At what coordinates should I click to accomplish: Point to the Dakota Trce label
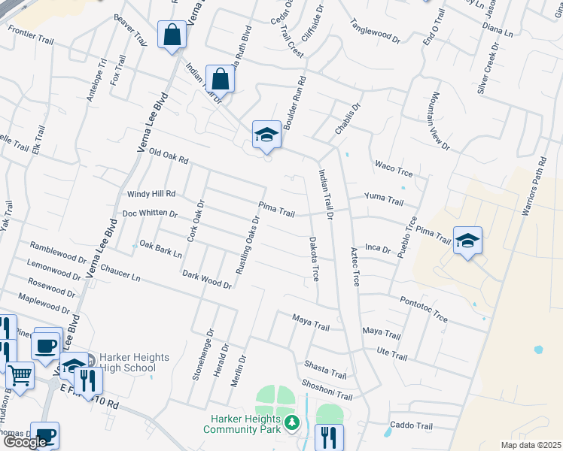[x=315, y=259]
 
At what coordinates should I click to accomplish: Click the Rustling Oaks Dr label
[x=247, y=245]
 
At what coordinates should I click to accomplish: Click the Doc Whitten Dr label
[x=149, y=214]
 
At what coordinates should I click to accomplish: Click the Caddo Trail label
[x=408, y=425]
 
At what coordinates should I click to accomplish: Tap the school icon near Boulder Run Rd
[x=266, y=135]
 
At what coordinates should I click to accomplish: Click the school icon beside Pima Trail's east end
[x=467, y=241]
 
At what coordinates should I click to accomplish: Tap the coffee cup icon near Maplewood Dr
[x=47, y=346]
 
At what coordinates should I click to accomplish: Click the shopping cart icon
[x=20, y=374]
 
